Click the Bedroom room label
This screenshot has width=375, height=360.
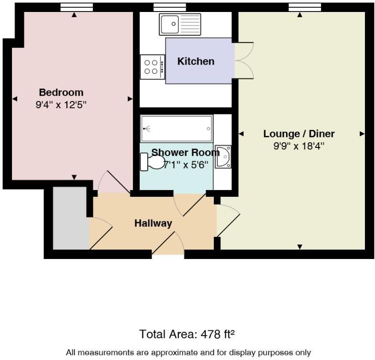(x=61, y=92)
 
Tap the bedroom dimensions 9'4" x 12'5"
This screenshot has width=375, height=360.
(x=61, y=104)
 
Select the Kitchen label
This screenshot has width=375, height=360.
(x=196, y=61)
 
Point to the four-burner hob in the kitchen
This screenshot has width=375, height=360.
(x=152, y=67)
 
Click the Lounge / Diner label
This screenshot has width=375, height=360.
(x=299, y=134)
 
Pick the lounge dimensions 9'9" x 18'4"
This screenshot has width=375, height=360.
(x=299, y=146)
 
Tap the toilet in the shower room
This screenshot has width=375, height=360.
(x=151, y=162)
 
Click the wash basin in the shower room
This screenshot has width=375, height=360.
(x=223, y=157)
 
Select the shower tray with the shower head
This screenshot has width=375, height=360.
(x=176, y=128)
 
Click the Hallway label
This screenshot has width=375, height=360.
(x=153, y=223)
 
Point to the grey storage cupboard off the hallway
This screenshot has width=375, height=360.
(x=70, y=218)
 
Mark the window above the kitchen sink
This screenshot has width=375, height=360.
(x=163, y=7)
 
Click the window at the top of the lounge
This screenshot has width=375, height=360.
(x=299, y=7)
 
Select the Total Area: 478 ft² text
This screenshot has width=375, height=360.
(x=187, y=334)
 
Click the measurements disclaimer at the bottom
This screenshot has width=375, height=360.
(x=187, y=352)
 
